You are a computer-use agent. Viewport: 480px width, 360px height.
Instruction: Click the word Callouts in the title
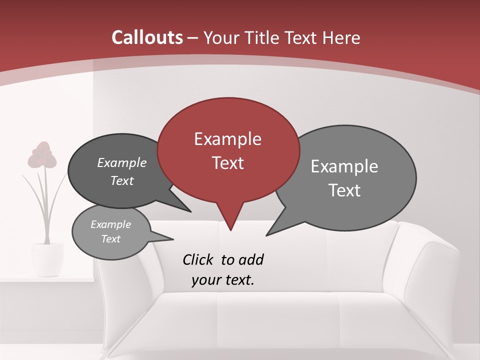pos(147,37)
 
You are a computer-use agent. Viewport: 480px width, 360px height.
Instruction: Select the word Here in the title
pos(342,37)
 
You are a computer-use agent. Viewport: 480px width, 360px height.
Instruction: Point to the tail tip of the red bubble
pos(230,229)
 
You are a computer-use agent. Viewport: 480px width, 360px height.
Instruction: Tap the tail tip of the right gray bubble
pos(267,234)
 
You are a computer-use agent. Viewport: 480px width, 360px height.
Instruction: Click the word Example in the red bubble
pos(227,139)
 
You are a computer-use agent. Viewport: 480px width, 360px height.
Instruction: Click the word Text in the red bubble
pos(227,163)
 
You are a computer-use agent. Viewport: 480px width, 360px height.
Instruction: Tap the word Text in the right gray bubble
pos(344,190)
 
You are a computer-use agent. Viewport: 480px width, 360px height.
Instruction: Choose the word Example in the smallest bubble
pos(110,224)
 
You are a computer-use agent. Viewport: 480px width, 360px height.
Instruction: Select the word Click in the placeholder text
pos(199,259)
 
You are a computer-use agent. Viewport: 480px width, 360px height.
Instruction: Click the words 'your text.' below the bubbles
pos(223,280)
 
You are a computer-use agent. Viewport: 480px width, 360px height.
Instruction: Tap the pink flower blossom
pos(42,155)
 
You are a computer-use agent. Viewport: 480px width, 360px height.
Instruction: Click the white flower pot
pos(47,258)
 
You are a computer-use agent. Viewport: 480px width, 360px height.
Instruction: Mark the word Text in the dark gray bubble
pos(122,180)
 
